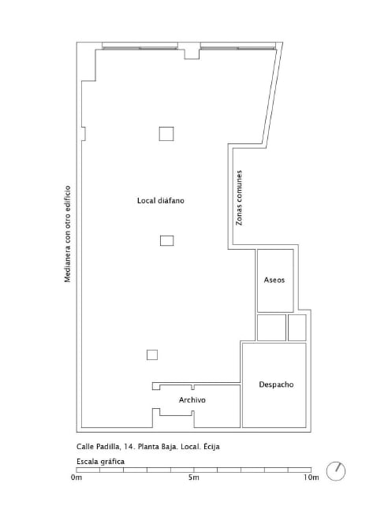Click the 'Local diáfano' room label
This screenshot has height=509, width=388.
click(x=161, y=201)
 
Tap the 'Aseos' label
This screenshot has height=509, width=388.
click(x=274, y=280)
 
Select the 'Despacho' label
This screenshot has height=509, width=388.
click(x=276, y=385)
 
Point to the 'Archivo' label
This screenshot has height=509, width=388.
click(x=192, y=399)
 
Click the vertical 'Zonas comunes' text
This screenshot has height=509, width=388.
click(x=239, y=198)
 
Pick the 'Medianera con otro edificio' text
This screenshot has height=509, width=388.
click(x=68, y=234)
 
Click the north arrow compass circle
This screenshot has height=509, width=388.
click(x=336, y=471)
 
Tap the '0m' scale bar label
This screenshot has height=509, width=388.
click(x=76, y=477)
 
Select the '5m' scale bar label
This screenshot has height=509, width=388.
click(x=194, y=477)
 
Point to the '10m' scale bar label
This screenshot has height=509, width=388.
click(x=312, y=477)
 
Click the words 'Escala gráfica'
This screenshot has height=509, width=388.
click(x=100, y=462)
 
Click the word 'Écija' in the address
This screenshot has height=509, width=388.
click(x=211, y=446)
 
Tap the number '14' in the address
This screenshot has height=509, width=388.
click(x=129, y=447)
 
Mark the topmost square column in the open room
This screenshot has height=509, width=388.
click(x=166, y=134)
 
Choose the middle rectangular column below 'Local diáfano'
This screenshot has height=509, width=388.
click(x=166, y=240)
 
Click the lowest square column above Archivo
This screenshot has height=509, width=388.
click(x=152, y=355)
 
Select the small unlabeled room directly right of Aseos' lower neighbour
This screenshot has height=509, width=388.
click(x=297, y=328)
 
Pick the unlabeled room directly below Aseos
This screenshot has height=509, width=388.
click(x=271, y=328)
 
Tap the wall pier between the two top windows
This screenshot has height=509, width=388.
click(x=192, y=51)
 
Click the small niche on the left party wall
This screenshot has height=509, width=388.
click(x=84, y=134)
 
